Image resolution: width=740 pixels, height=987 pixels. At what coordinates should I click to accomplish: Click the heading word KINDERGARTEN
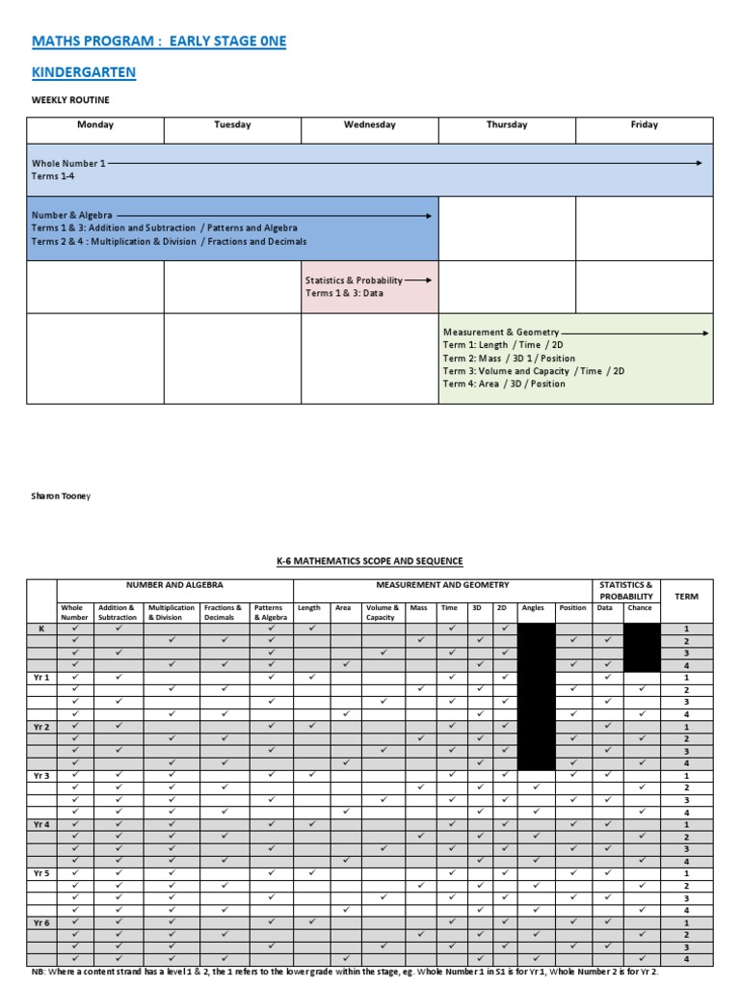point(84,72)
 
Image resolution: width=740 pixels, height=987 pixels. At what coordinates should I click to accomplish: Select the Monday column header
point(95,124)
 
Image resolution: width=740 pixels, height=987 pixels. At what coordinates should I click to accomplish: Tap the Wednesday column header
point(370,124)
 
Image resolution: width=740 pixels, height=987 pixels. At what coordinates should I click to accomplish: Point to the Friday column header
point(644,124)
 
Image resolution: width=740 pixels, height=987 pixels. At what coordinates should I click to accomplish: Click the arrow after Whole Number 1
point(406,164)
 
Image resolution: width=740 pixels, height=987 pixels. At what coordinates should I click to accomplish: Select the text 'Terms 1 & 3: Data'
point(344,293)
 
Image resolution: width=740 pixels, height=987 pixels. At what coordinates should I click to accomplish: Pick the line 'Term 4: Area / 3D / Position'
point(504,384)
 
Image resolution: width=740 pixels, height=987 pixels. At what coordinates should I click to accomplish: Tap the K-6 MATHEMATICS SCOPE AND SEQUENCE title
point(369,561)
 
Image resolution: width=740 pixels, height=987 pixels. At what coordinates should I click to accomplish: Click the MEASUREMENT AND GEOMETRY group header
point(442,585)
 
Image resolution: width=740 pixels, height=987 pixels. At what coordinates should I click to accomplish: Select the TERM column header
point(686,597)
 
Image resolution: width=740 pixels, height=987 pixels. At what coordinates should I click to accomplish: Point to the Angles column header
point(533,608)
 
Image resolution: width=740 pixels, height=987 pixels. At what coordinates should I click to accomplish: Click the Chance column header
point(640,608)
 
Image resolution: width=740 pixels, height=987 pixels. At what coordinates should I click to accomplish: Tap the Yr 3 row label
point(41,776)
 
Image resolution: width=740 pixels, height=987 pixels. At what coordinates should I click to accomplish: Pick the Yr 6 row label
point(41,922)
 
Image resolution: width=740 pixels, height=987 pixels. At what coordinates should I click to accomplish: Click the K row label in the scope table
point(41,628)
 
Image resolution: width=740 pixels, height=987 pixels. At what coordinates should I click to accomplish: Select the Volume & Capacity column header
point(382,613)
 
